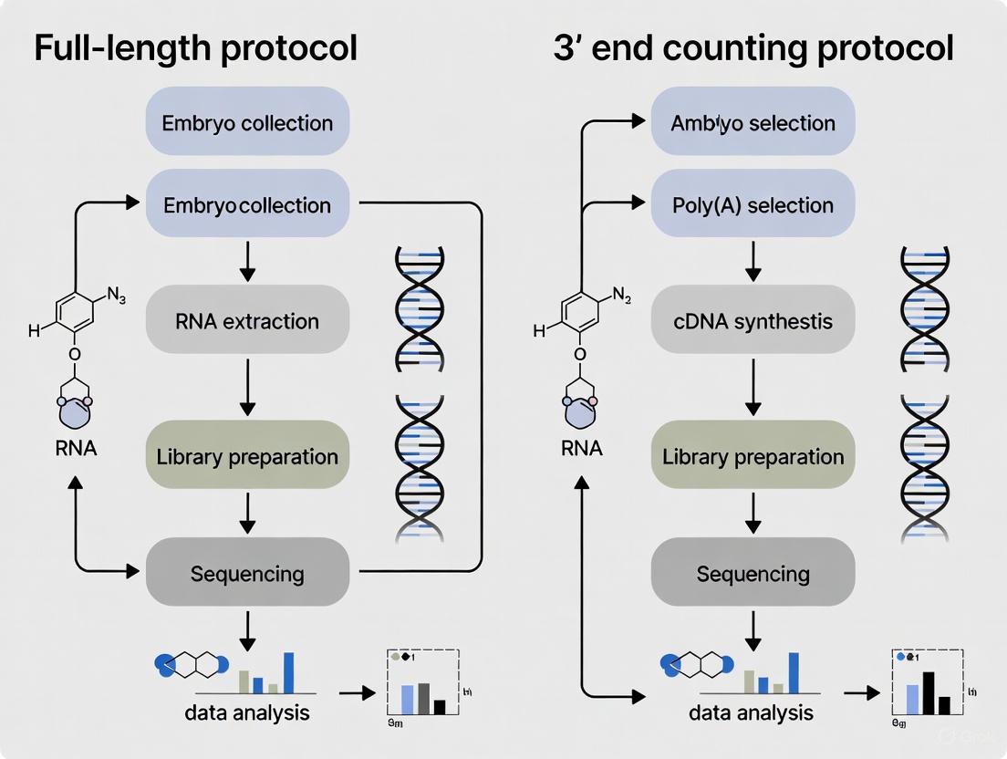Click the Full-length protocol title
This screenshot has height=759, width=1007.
(195, 48)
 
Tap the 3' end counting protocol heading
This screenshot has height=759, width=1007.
(753, 48)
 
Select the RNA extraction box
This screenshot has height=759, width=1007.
(247, 320)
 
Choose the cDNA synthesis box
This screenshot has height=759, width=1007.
(753, 320)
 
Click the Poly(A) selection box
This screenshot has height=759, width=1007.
(753, 204)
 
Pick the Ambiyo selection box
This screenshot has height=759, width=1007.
(753, 122)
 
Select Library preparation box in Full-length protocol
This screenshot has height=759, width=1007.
(247, 456)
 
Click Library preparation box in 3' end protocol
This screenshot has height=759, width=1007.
(753, 456)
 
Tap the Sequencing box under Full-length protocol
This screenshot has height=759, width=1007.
(247, 573)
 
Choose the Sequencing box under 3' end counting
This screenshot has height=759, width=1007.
(753, 573)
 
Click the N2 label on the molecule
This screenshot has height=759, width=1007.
(621, 294)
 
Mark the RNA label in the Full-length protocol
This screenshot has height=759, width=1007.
(77, 448)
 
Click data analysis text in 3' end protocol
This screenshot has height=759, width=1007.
(751, 712)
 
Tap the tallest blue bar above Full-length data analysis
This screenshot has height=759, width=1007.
(289, 673)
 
